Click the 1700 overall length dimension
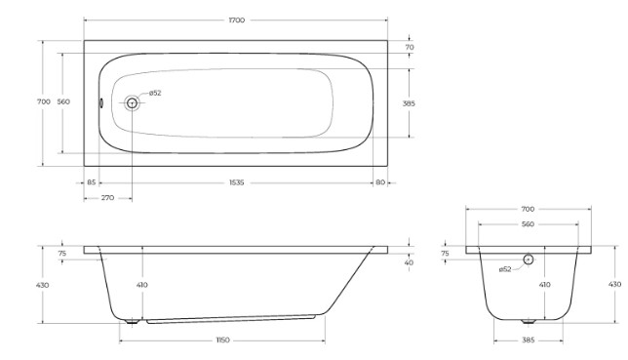click(x=237, y=20)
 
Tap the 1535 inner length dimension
click(x=236, y=182)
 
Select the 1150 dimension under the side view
click(x=223, y=340)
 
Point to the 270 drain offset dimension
click(x=107, y=198)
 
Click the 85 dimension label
click(x=92, y=182)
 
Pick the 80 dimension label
click(x=380, y=182)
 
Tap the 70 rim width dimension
click(x=410, y=47)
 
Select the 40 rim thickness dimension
click(x=409, y=263)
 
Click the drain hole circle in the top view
click(x=132, y=103)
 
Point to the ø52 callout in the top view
click(x=155, y=93)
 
